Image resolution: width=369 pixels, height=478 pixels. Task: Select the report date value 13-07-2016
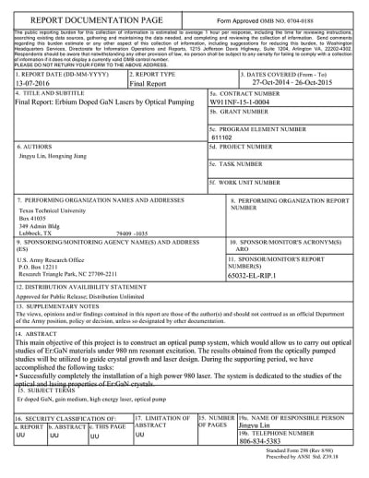36,81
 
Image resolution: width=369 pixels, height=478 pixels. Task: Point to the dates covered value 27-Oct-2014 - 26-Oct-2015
292,81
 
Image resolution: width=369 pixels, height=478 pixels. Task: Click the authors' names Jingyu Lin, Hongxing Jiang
59,158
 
